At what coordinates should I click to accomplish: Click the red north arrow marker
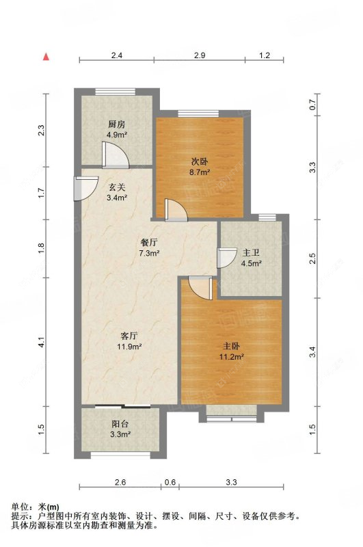click(46, 57)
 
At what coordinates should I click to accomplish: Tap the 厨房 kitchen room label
click(116, 124)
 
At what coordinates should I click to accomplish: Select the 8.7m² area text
click(200, 172)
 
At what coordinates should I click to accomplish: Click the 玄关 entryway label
click(116, 187)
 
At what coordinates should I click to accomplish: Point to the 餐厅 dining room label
click(149, 243)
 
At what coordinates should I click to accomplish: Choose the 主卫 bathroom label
click(251, 252)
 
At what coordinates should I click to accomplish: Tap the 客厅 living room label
click(129, 336)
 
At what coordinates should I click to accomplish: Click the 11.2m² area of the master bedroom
click(231, 356)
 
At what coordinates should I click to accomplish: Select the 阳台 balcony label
click(120, 424)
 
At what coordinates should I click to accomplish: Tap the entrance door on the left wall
click(85, 189)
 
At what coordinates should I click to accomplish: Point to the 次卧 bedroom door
click(176, 211)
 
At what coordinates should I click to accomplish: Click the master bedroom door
click(200, 288)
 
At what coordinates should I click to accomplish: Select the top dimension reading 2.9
click(200, 55)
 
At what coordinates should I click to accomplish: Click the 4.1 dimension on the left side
click(42, 342)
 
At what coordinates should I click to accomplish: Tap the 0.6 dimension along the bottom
click(170, 482)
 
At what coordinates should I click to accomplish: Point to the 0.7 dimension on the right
click(312, 105)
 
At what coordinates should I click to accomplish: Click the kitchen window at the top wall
click(115, 92)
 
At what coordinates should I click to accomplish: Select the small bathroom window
click(267, 217)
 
